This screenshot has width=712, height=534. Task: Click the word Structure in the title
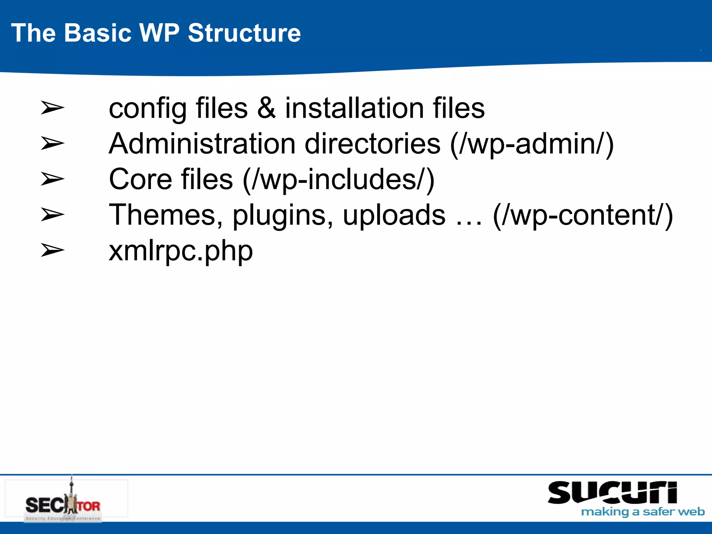(244, 33)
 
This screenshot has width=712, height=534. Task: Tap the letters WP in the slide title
(159, 33)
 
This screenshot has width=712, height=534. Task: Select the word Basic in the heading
(98, 33)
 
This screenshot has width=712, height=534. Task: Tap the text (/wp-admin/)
(532, 144)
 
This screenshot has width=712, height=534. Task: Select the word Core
(140, 179)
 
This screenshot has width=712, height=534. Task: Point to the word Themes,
(166, 216)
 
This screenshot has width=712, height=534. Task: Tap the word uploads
(394, 216)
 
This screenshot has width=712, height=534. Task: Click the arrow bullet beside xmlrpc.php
(52, 250)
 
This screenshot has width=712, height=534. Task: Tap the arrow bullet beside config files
(52, 107)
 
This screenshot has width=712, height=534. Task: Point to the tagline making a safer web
(643, 512)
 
